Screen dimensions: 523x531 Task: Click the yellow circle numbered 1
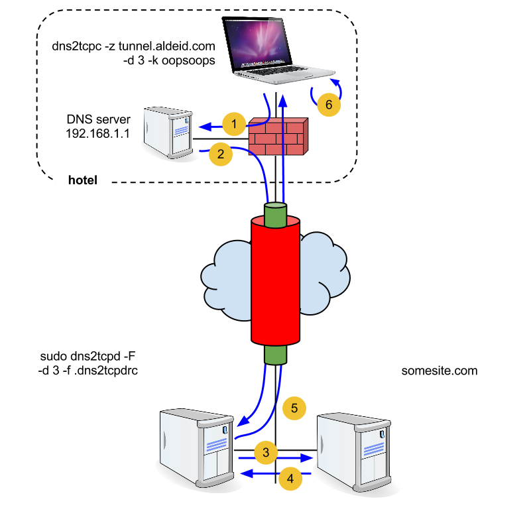[234, 123]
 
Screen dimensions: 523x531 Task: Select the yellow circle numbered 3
[266, 453]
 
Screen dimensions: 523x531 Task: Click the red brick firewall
[278, 137]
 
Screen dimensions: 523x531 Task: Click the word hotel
[83, 180]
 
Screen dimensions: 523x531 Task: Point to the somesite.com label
[440, 371]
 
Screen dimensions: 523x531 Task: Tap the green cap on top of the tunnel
[275, 214]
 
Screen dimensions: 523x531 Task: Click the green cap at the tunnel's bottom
[275, 355]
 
